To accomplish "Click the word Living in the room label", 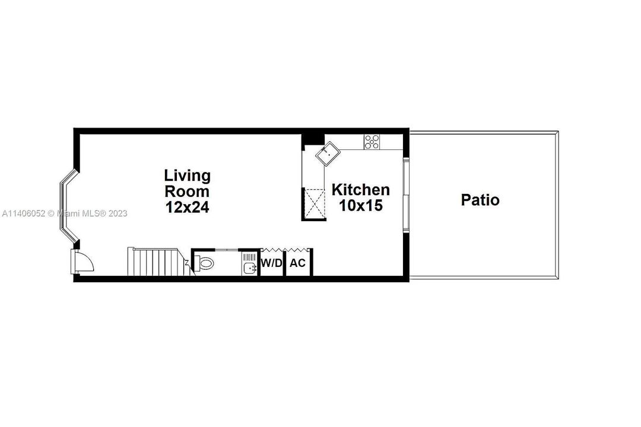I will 188,176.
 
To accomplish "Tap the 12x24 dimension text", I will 188,208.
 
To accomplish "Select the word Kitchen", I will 361,190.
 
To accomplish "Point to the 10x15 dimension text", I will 360,205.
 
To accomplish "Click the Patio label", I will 480,200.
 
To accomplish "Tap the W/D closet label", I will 272,263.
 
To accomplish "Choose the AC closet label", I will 298,263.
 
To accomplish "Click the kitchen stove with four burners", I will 372,142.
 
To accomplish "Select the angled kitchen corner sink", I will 326,155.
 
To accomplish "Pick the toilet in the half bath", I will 204,263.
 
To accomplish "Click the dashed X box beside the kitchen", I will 313,203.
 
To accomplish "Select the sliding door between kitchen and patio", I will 406,196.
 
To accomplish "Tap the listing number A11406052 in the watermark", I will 24,213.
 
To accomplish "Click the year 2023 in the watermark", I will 118,213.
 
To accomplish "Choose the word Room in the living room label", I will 188,192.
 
